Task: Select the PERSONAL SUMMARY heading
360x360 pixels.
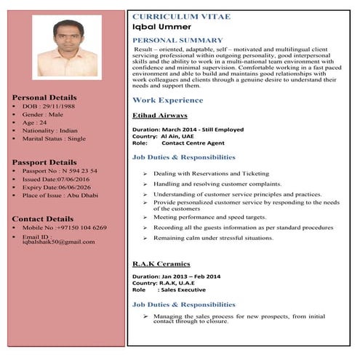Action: [177, 40]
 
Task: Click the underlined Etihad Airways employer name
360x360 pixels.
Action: [159, 115]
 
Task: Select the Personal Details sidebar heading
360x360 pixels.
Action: [44, 97]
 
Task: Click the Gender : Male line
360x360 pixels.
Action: [43, 114]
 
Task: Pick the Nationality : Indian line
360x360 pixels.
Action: [50, 130]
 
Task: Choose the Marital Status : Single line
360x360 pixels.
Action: [54, 138]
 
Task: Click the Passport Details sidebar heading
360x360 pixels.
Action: [44, 161]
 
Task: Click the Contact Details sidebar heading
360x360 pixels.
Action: [43, 218]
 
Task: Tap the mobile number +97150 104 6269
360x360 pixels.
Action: [81, 228]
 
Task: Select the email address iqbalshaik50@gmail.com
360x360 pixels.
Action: [59, 241]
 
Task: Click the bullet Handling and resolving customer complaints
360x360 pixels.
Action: [217, 184]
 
